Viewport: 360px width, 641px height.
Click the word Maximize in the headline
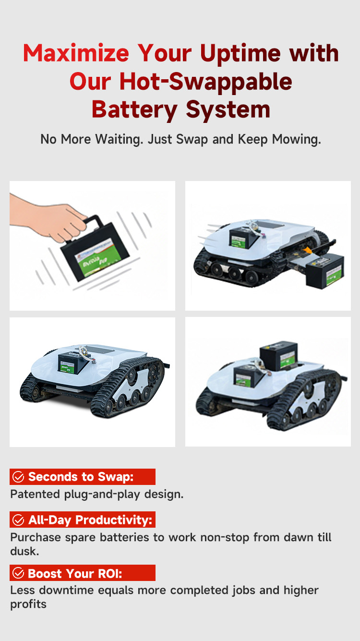(x=76, y=53)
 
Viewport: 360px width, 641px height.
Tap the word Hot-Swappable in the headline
(x=206, y=82)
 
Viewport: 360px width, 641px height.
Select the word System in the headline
(x=228, y=110)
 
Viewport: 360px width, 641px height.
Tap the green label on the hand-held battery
(x=95, y=257)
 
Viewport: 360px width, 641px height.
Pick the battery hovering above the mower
(x=278, y=355)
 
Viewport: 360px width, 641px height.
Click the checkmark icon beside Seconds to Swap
(x=18, y=477)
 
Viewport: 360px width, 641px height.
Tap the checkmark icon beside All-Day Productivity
(x=18, y=520)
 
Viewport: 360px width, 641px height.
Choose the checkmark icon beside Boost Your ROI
(x=18, y=573)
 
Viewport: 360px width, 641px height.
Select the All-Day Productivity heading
(x=90, y=520)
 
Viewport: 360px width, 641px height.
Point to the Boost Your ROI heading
(x=75, y=573)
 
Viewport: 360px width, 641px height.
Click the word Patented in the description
(x=35, y=495)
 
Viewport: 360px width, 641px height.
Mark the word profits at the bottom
(x=28, y=605)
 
